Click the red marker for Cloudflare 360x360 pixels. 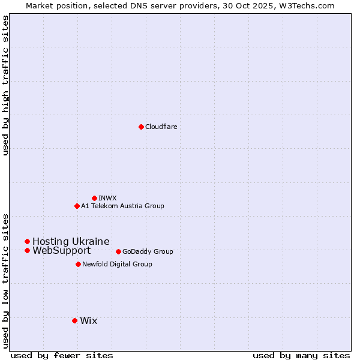click(x=141, y=127)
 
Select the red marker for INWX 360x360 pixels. click(x=94, y=198)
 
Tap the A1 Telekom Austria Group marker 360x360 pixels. click(x=77, y=206)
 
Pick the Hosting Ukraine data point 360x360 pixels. click(x=27, y=241)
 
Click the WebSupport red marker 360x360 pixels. click(x=27, y=250)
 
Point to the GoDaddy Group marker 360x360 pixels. click(x=118, y=251)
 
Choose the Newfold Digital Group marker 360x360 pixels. click(x=78, y=264)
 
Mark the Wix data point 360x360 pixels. click(x=74, y=320)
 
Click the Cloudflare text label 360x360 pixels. click(x=161, y=127)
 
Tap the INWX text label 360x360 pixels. click(x=107, y=198)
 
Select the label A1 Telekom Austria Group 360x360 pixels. click(x=122, y=206)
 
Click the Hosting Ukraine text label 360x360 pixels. click(x=71, y=241)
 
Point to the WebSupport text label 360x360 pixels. click(x=61, y=250)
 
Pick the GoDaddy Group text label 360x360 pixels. click(x=148, y=251)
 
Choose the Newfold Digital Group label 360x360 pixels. click(x=117, y=264)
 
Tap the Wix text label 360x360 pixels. click(x=88, y=320)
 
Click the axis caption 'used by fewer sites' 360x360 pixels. click(x=62, y=355)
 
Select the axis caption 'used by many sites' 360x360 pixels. click(x=301, y=355)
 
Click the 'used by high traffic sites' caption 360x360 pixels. click(x=5, y=85)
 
